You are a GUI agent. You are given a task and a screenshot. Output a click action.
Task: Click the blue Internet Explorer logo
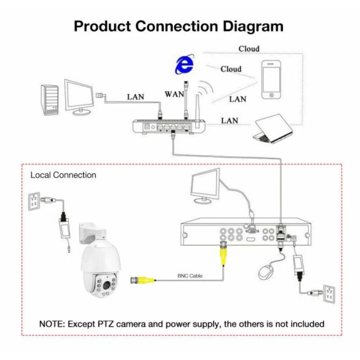(185, 64)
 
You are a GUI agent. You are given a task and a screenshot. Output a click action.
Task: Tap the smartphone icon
(271, 79)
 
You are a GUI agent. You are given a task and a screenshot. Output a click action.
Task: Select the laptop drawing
(273, 129)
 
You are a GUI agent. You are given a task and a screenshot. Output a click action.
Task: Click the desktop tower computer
(50, 100)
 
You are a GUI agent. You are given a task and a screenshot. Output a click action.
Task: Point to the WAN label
(174, 94)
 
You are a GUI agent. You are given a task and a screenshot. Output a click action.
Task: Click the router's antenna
(197, 111)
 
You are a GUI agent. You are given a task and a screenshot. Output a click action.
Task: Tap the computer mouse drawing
(266, 272)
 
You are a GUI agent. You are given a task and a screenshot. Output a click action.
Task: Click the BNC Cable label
(190, 276)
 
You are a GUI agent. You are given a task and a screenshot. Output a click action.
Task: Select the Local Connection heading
(63, 175)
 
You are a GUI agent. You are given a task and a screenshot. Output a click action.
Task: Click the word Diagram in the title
(253, 26)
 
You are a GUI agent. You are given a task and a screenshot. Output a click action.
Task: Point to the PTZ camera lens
(106, 285)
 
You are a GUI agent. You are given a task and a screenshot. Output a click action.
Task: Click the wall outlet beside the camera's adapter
(34, 201)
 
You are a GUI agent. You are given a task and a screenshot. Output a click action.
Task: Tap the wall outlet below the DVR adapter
(329, 294)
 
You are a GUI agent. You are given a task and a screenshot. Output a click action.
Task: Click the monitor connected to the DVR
(205, 186)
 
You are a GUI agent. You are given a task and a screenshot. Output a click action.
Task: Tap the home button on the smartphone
(271, 95)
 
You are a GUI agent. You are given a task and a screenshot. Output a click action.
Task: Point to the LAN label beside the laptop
(230, 121)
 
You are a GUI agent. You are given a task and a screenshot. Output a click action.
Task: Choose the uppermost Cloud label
(249, 49)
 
